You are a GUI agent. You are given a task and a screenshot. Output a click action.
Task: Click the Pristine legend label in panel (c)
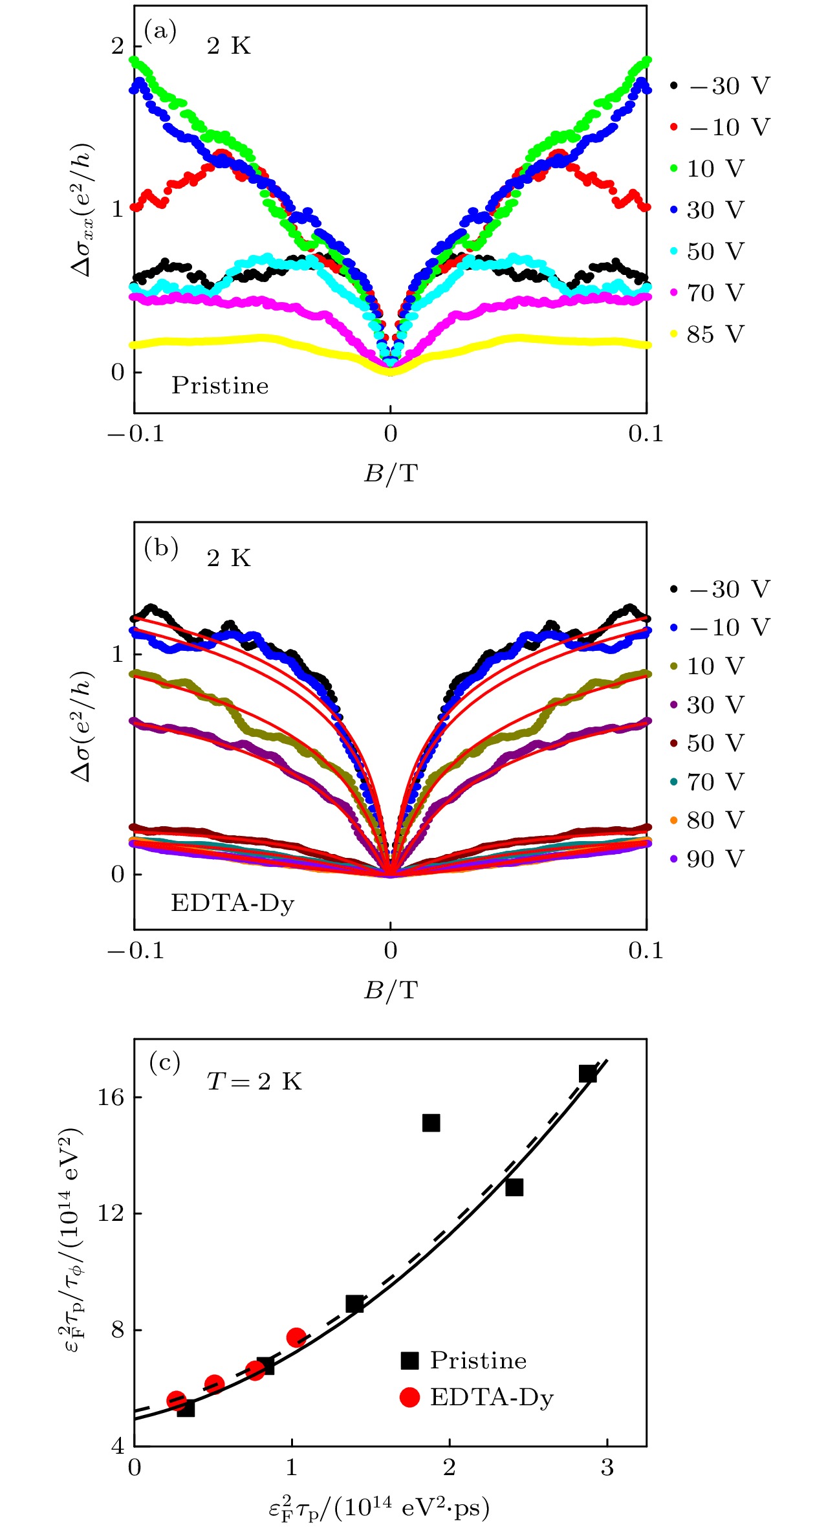tap(478, 1361)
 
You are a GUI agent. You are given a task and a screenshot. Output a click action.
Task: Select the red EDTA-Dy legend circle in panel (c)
tap(409, 1397)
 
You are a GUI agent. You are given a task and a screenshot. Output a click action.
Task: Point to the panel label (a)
tap(160, 30)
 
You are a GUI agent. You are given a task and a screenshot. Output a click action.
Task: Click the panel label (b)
tap(160, 548)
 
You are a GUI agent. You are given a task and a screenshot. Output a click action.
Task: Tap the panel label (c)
tap(164, 1062)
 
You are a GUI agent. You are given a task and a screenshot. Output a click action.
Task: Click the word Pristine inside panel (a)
tap(220, 386)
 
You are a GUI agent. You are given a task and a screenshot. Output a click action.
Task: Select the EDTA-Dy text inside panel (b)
tap(232, 903)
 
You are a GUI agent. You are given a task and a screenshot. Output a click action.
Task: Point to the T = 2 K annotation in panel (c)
tap(254, 1081)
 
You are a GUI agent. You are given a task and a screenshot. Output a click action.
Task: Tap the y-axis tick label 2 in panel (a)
tap(117, 47)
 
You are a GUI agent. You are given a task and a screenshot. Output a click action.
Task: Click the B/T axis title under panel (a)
tap(390, 474)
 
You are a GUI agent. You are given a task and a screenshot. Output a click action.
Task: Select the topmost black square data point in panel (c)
tap(587, 1074)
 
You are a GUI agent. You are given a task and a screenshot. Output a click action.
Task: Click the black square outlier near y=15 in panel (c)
tap(431, 1123)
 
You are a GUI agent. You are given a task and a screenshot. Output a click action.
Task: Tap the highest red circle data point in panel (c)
tap(296, 1337)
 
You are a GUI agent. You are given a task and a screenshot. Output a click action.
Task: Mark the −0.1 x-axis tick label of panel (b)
tap(135, 950)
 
